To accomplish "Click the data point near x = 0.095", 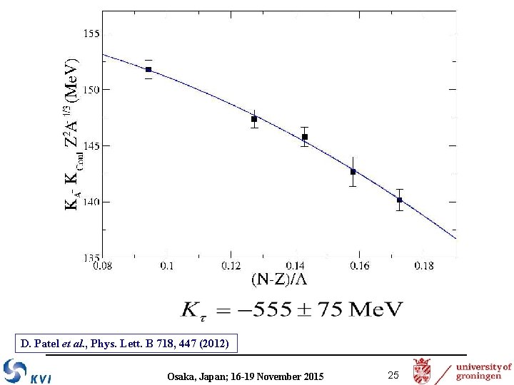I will point(148,69).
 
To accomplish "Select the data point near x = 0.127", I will point(254,119).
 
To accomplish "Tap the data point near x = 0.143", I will point(305,137).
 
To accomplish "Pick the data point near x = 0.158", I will point(353,172).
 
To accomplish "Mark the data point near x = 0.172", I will point(400,200).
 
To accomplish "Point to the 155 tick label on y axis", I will point(92,34).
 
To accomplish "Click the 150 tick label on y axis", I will point(92,89).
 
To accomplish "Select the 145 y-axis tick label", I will point(92,145).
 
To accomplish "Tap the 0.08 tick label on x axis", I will point(102,266).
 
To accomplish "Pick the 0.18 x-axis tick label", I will point(423,266).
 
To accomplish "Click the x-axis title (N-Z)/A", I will point(279,279).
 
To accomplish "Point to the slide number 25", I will point(393,375).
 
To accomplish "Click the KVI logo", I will point(27,372).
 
